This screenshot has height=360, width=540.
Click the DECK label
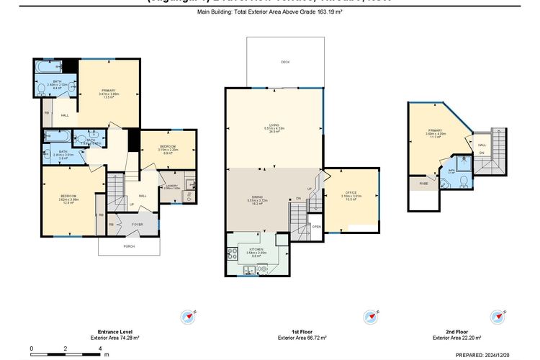(x=285, y=63)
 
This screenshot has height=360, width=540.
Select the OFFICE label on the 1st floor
(x=352, y=193)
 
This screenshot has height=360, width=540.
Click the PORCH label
(x=129, y=246)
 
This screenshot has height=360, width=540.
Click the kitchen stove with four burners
(x=233, y=253)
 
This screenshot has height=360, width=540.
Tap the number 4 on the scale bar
(x=100, y=348)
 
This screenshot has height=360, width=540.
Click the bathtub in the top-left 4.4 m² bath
(x=45, y=68)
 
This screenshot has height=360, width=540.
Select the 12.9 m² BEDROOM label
(x=68, y=199)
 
